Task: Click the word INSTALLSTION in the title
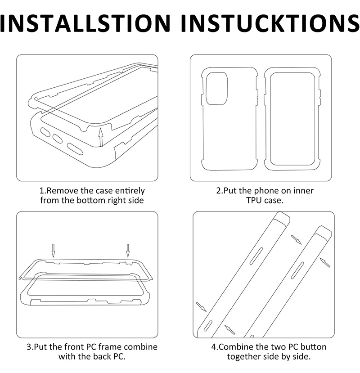[x=85, y=23]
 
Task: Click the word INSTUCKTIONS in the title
[x=270, y=23]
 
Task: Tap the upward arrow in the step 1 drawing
[x=101, y=137]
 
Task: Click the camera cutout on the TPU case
[x=216, y=89]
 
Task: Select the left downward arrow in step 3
[x=53, y=251]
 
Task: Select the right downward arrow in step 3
[x=128, y=251]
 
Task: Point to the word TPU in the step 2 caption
[x=254, y=200]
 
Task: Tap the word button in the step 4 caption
[x=313, y=347]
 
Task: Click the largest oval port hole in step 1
[x=75, y=149]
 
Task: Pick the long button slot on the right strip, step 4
[x=297, y=270]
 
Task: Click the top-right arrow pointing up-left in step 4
[x=325, y=263]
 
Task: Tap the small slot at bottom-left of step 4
[x=208, y=326]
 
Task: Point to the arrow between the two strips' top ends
[x=296, y=239]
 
